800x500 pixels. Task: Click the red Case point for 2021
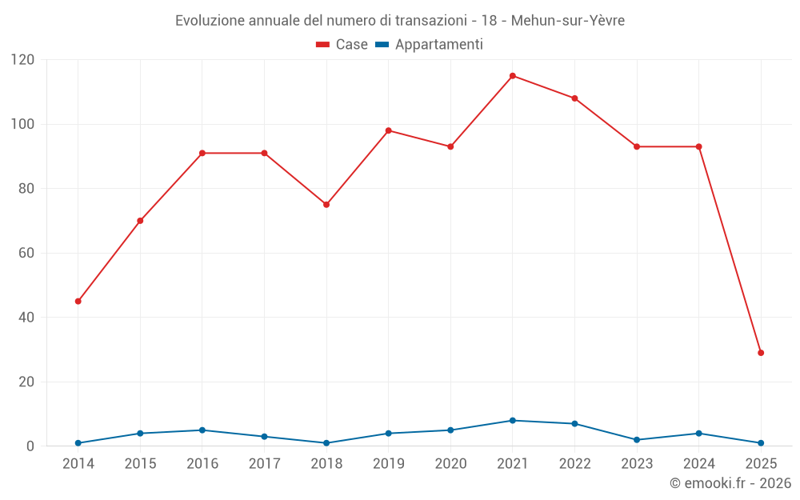point(513,76)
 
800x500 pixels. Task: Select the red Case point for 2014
point(78,302)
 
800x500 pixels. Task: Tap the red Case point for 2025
point(761,353)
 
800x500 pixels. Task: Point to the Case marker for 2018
point(326,205)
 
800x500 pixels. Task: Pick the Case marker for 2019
point(389,130)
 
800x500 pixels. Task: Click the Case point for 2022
point(574,98)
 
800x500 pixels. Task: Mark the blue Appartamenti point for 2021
point(513,421)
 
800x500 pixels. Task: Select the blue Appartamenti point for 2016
point(202,430)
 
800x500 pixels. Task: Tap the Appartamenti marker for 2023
point(637,440)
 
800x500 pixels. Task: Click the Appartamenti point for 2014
point(78,443)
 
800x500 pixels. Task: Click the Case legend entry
point(342,45)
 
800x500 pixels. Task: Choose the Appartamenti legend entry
point(430,45)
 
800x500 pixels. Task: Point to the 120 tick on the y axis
point(23,60)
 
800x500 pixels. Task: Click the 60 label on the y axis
point(27,254)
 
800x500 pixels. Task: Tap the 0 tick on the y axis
point(31,446)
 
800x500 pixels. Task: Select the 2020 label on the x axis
point(450,464)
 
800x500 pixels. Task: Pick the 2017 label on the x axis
point(264,464)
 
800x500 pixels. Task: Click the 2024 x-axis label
point(699,464)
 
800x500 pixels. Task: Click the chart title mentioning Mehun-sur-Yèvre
point(400,21)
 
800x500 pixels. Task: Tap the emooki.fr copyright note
point(730,483)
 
